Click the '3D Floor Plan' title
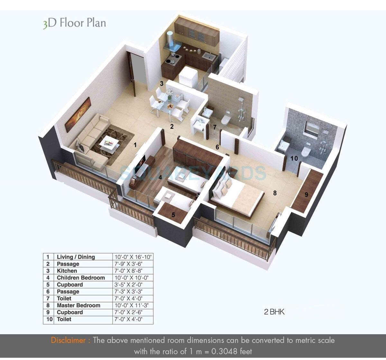pyautogui.click(x=74, y=24)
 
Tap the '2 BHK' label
pyautogui.click(x=274, y=312)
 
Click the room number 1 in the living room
pyautogui.click(x=135, y=145)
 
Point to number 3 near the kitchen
pyautogui.click(x=162, y=83)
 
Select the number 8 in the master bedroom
pyautogui.click(x=275, y=193)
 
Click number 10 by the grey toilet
pyautogui.click(x=294, y=158)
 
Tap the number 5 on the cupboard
pyautogui.click(x=174, y=215)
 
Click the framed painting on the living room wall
pyautogui.click(x=78, y=115)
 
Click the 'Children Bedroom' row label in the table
pyautogui.click(x=81, y=278)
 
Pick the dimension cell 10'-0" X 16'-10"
pyautogui.click(x=133, y=257)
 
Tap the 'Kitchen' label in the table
pyautogui.click(x=67, y=271)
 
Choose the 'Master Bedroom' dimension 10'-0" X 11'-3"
pyautogui.click(x=131, y=305)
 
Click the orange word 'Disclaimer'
pyautogui.click(x=68, y=340)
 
